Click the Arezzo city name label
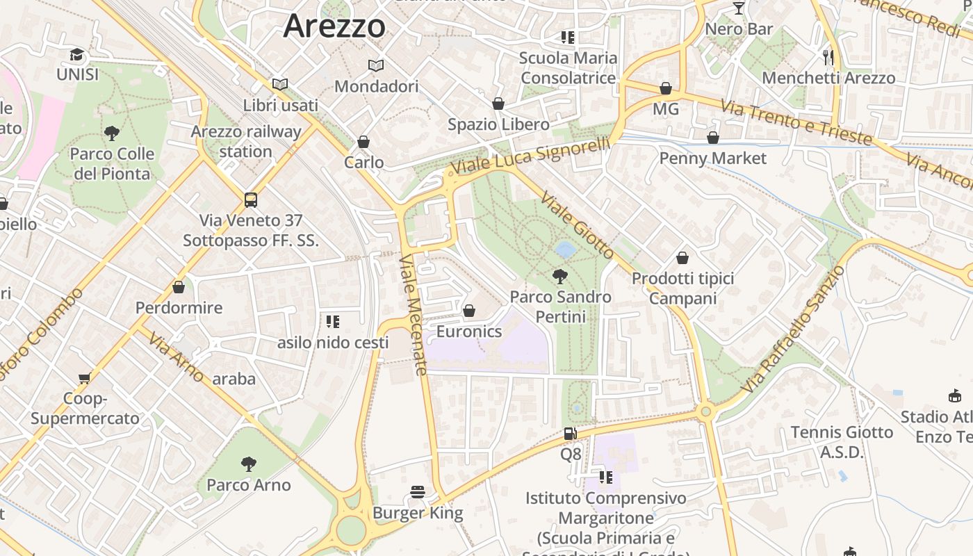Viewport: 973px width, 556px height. (334, 26)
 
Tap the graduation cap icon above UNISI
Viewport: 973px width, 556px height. (76, 54)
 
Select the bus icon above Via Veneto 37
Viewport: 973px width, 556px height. (251, 200)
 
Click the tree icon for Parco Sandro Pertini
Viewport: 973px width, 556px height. (559, 277)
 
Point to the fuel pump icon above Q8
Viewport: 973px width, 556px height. (570, 434)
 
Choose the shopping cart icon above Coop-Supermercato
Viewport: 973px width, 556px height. (84, 378)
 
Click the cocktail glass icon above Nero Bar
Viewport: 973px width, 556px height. (738, 8)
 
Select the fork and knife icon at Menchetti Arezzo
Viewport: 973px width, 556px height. (828, 57)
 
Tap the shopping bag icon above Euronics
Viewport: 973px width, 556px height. (469, 311)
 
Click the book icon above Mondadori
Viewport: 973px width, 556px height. (376, 65)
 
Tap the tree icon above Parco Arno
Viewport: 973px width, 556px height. (248, 464)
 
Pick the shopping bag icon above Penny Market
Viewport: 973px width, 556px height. (712, 138)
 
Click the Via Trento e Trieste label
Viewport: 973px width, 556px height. (796, 122)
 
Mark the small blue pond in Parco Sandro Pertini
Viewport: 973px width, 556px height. (566, 249)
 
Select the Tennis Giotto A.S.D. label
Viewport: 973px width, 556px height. (842, 442)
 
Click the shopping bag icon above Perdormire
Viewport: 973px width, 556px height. (179, 287)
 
